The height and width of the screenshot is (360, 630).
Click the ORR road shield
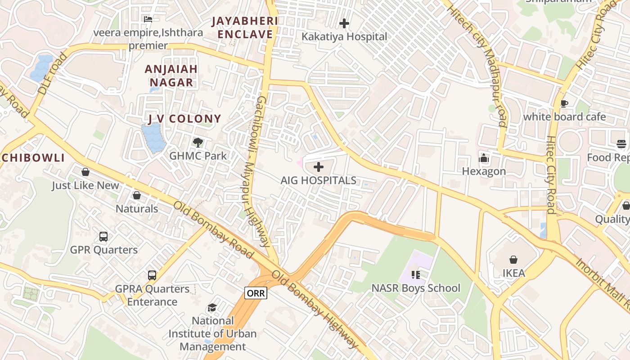pos(256,293)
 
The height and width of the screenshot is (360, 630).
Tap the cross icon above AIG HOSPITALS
pos(319,167)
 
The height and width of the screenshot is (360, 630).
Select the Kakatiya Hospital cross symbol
pos(344,23)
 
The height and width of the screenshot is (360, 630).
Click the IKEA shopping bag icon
pos(513,260)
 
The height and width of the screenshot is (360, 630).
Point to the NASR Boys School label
pos(415,288)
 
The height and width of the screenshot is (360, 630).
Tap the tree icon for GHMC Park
pos(198,143)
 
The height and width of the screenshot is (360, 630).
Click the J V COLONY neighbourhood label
pos(184,119)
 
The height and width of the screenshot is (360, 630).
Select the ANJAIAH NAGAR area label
pos(171,76)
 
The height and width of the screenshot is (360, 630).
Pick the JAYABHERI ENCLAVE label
pos(245,27)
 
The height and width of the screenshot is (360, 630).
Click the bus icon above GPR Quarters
pos(103,236)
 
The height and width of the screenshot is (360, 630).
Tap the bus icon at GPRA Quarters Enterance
pos(152,275)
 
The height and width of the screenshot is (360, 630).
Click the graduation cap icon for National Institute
pos(212,307)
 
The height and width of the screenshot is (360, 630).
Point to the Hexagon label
pos(484,171)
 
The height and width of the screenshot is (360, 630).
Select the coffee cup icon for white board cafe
pos(564,104)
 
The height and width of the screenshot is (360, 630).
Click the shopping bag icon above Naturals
pos(137,195)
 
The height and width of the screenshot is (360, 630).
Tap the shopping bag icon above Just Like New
pos(85,172)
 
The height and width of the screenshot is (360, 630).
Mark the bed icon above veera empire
pos(148,19)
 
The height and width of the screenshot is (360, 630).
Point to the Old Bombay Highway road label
pos(315,310)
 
